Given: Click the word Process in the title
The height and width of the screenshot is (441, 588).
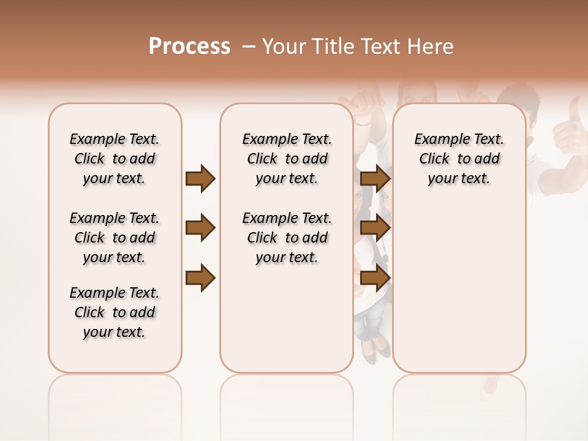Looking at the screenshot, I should [189, 47].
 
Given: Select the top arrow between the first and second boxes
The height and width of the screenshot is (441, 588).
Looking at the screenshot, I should [200, 179].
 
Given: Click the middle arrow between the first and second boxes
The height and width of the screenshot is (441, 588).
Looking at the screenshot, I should [200, 228].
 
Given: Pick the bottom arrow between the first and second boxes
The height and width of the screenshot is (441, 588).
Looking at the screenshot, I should [200, 277].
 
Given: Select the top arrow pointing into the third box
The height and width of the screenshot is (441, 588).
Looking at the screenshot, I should [375, 179].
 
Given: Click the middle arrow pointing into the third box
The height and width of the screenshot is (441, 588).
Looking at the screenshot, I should [375, 228].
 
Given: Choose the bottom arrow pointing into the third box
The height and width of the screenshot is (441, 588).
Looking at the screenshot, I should [375, 277].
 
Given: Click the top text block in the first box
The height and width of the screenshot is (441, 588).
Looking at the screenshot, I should [115, 159].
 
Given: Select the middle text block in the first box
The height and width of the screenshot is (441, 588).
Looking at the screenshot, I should [115, 238].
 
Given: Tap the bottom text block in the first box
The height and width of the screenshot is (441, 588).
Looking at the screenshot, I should [115, 312].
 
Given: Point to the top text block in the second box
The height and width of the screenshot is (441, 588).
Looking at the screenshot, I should [287, 159].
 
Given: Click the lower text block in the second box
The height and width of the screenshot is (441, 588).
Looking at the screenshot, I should [287, 238].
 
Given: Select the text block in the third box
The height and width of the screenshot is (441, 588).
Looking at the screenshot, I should [459, 159].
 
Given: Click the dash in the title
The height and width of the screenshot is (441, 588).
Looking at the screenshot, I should [249, 47].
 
